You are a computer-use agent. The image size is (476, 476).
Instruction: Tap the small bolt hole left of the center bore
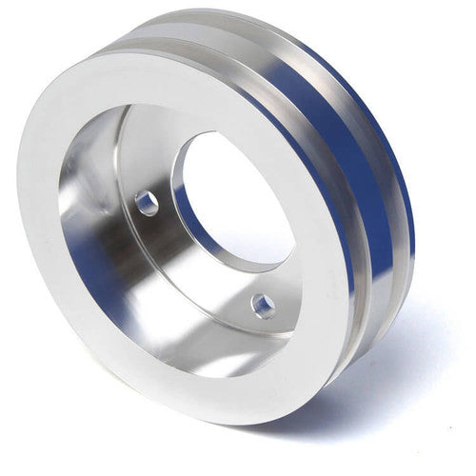click(x=146, y=202)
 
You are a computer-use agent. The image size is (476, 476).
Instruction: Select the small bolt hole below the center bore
click(x=264, y=306)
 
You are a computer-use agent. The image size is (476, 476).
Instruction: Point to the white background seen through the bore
click(x=238, y=190)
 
